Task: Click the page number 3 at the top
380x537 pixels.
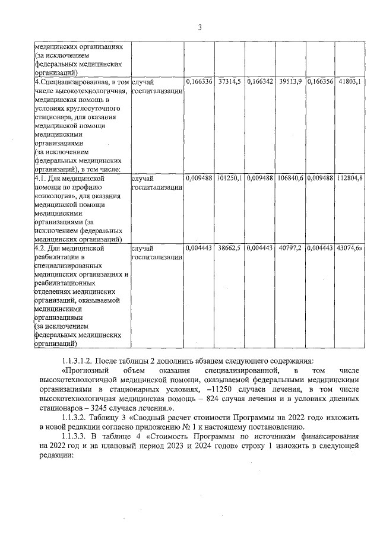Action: click(x=199, y=27)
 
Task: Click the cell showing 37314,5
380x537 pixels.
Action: click(x=229, y=81)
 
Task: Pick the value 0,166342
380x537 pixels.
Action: click(x=259, y=81)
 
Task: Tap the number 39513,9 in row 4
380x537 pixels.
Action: click(x=290, y=81)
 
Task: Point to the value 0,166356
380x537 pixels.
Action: click(x=320, y=81)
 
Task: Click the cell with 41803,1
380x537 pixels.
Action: click(x=350, y=81)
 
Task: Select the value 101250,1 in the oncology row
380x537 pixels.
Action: click(x=229, y=177)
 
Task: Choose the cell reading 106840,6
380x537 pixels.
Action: click(x=290, y=177)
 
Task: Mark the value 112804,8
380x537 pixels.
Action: click(x=350, y=177)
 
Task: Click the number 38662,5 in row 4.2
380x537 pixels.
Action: click(x=229, y=247)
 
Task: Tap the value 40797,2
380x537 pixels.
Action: click(x=290, y=247)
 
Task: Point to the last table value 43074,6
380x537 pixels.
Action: click(x=349, y=247)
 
